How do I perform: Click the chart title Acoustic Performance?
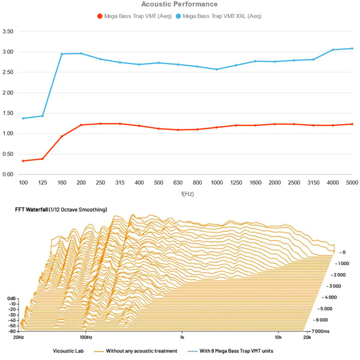[179, 4]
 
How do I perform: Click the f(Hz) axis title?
[185, 194]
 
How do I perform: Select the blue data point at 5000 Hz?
[352, 49]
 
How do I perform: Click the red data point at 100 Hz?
[23, 161]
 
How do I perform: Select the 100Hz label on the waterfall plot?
[86, 338]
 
